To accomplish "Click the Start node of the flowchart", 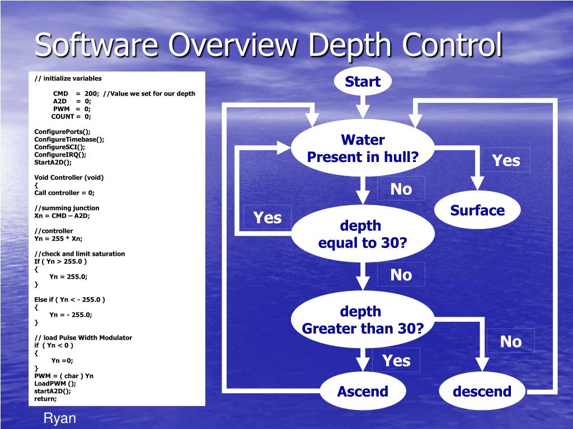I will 363,82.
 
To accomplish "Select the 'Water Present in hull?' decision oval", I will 363,148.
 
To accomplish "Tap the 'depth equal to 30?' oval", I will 363,235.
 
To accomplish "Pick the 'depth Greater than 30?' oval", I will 363,320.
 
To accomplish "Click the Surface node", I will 477,211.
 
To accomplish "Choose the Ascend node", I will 363,392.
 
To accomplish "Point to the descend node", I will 482,392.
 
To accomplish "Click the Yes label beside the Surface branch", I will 506,161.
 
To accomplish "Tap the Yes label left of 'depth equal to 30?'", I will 267,217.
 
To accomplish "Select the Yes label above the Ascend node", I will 396,361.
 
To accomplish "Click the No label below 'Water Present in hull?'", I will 401,189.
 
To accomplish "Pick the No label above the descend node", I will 510,341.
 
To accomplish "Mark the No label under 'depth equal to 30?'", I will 401,275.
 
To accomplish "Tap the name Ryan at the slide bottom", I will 60,418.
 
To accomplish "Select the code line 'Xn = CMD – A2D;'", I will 62,216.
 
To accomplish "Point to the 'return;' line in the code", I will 45,399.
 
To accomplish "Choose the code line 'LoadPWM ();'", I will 55,384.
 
